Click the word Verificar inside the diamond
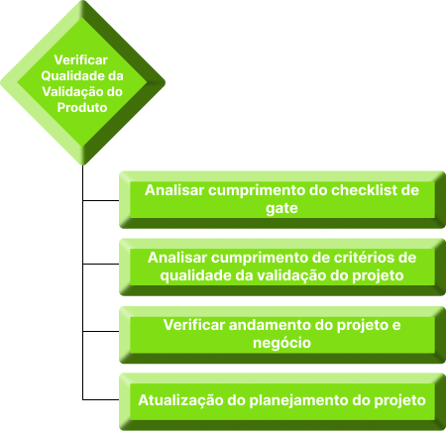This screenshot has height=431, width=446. (81, 60)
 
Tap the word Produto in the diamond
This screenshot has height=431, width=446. (82, 108)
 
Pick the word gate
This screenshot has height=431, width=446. (281, 209)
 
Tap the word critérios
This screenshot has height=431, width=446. (362, 258)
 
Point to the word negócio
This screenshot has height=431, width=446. (281, 343)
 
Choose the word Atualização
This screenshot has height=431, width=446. (180, 400)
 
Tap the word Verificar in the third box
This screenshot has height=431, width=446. (194, 325)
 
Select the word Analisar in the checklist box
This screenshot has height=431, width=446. (174, 190)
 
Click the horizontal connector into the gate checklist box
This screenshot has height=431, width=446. (101, 200)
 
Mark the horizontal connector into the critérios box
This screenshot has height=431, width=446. (101, 265)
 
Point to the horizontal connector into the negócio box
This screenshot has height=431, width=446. (101, 331)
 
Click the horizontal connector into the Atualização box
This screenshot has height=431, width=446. (101, 400)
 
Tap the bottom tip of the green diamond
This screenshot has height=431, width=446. (82, 164)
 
